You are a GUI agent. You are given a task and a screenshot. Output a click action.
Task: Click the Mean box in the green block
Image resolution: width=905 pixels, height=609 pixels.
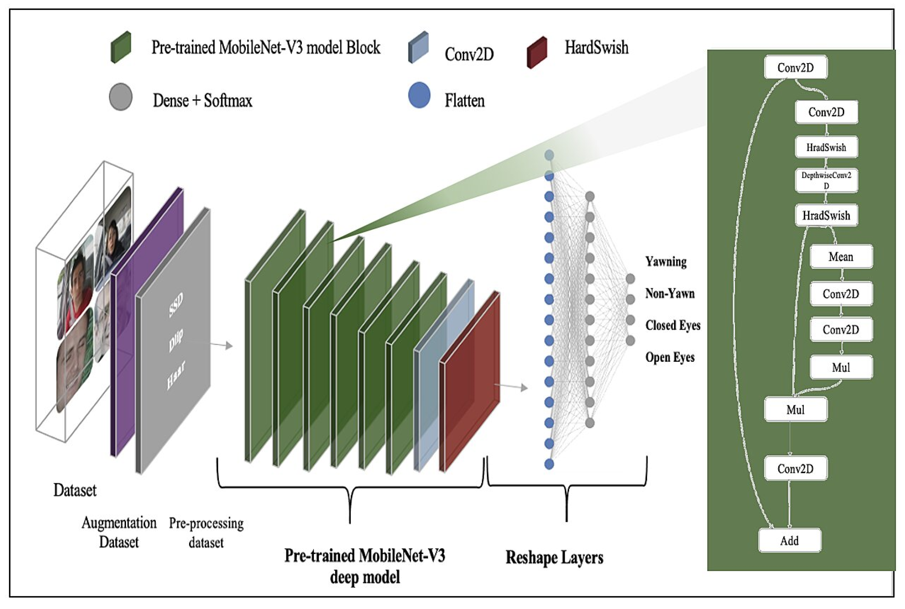click(841, 257)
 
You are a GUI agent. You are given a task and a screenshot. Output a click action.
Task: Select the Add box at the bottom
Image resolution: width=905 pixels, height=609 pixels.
click(790, 541)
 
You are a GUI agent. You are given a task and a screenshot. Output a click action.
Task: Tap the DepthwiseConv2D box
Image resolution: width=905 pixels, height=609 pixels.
click(826, 180)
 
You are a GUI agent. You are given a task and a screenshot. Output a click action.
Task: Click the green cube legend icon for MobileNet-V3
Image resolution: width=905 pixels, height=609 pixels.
click(121, 47)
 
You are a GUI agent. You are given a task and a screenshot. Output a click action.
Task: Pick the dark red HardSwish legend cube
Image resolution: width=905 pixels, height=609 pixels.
click(537, 52)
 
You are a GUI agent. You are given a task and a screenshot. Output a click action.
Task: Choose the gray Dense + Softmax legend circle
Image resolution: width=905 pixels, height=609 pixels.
click(121, 97)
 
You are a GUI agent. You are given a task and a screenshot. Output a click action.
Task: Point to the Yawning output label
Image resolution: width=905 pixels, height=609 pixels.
click(666, 261)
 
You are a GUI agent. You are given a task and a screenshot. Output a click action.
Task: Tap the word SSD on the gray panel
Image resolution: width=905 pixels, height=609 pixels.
click(176, 305)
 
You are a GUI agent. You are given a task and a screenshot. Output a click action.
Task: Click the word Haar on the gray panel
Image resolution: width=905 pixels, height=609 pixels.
click(176, 375)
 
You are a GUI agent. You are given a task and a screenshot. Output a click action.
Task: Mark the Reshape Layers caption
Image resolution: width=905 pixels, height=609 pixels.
click(554, 558)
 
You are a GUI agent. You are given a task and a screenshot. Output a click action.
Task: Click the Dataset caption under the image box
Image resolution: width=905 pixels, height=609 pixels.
click(75, 490)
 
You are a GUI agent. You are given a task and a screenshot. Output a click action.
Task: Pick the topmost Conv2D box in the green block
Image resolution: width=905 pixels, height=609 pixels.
click(795, 68)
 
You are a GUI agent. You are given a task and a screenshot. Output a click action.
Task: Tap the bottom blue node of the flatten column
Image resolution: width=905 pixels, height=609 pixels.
click(549, 464)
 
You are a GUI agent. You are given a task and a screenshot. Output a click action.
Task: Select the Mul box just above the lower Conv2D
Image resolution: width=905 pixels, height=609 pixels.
click(795, 409)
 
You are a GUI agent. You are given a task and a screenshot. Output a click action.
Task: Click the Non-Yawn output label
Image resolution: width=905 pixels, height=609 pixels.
click(670, 293)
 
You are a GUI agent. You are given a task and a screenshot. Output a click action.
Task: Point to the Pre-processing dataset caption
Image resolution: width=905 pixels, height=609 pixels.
click(206, 532)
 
